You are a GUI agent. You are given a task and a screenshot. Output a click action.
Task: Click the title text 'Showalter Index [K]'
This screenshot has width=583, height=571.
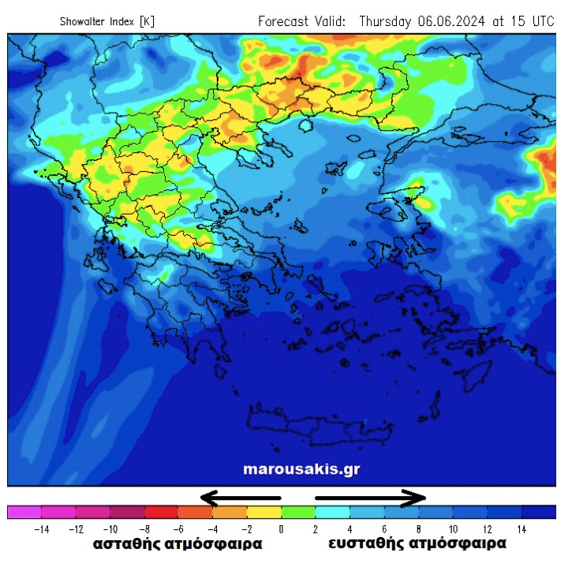click(107, 21)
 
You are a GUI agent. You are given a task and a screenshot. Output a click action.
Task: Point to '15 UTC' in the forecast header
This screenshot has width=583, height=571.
click(530, 21)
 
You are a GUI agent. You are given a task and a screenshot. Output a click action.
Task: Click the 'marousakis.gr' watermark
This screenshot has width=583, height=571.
click(301, 469)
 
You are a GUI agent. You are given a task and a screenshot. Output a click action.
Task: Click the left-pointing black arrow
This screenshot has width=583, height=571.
click(241, 498)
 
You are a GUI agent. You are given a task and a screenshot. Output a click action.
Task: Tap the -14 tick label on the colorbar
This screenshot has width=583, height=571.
click(41, 528)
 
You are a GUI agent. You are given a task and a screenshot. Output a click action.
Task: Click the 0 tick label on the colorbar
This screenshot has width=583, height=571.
click(282, 528)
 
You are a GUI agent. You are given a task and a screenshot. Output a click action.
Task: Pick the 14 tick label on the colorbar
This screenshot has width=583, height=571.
click(521, 528)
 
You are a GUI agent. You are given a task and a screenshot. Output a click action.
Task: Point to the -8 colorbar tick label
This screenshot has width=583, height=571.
click(144, 528)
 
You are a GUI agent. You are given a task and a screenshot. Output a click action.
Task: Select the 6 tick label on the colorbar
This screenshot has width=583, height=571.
click(384, 528)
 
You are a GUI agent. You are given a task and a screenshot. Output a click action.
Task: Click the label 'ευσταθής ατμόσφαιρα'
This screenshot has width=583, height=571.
click(417, 544)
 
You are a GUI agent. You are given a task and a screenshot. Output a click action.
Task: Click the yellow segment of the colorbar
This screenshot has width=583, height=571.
click(264, 512)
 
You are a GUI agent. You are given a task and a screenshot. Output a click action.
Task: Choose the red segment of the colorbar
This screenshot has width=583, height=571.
click(161, 512)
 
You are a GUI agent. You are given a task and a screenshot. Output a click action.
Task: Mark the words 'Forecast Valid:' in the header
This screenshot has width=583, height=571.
click(301, 21)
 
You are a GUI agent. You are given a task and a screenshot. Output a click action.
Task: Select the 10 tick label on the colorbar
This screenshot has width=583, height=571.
click(453, 528)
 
